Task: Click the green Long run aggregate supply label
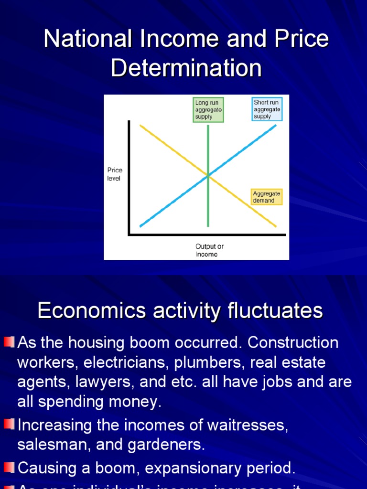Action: pyautogui.click(x=208, y=110)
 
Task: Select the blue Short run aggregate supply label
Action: pyautogui.click(x=267, y=109)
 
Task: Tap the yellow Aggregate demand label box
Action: pyautogui.click(x=267, y=197)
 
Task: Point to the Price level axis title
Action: pyautogui.click(x=115, y=174)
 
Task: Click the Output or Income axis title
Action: pyautogui.click(x=209, y=250)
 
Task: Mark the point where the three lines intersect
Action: pyautogui.click(x=208, y=176)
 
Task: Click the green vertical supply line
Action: pyautogui.click(x=208, y=205)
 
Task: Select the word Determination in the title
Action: pyautogui.click(x=186, y=68)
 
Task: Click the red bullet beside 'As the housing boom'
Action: pyautogui.click(x=10, y=342)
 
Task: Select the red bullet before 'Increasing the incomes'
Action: pyautogui.click(x=10, y=424)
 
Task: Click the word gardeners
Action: pyautogui.click(x=165, y=445)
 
